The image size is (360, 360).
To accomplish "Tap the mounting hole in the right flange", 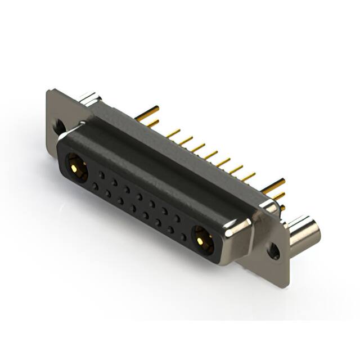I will click(274, 251).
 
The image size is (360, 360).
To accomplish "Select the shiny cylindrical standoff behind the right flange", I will click(304, 231).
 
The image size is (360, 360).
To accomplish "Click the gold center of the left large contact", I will click(74, 166).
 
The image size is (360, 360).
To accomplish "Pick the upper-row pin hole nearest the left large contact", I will click(102, 175).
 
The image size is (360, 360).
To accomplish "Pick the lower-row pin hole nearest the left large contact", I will click(96, 186).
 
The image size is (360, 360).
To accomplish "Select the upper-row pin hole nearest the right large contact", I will click(177, 218).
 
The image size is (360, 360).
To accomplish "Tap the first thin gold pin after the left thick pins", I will click(173, 134).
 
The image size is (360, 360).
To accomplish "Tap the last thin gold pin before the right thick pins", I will click(248, 176).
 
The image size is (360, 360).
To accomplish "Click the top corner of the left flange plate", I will click(51, 91).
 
